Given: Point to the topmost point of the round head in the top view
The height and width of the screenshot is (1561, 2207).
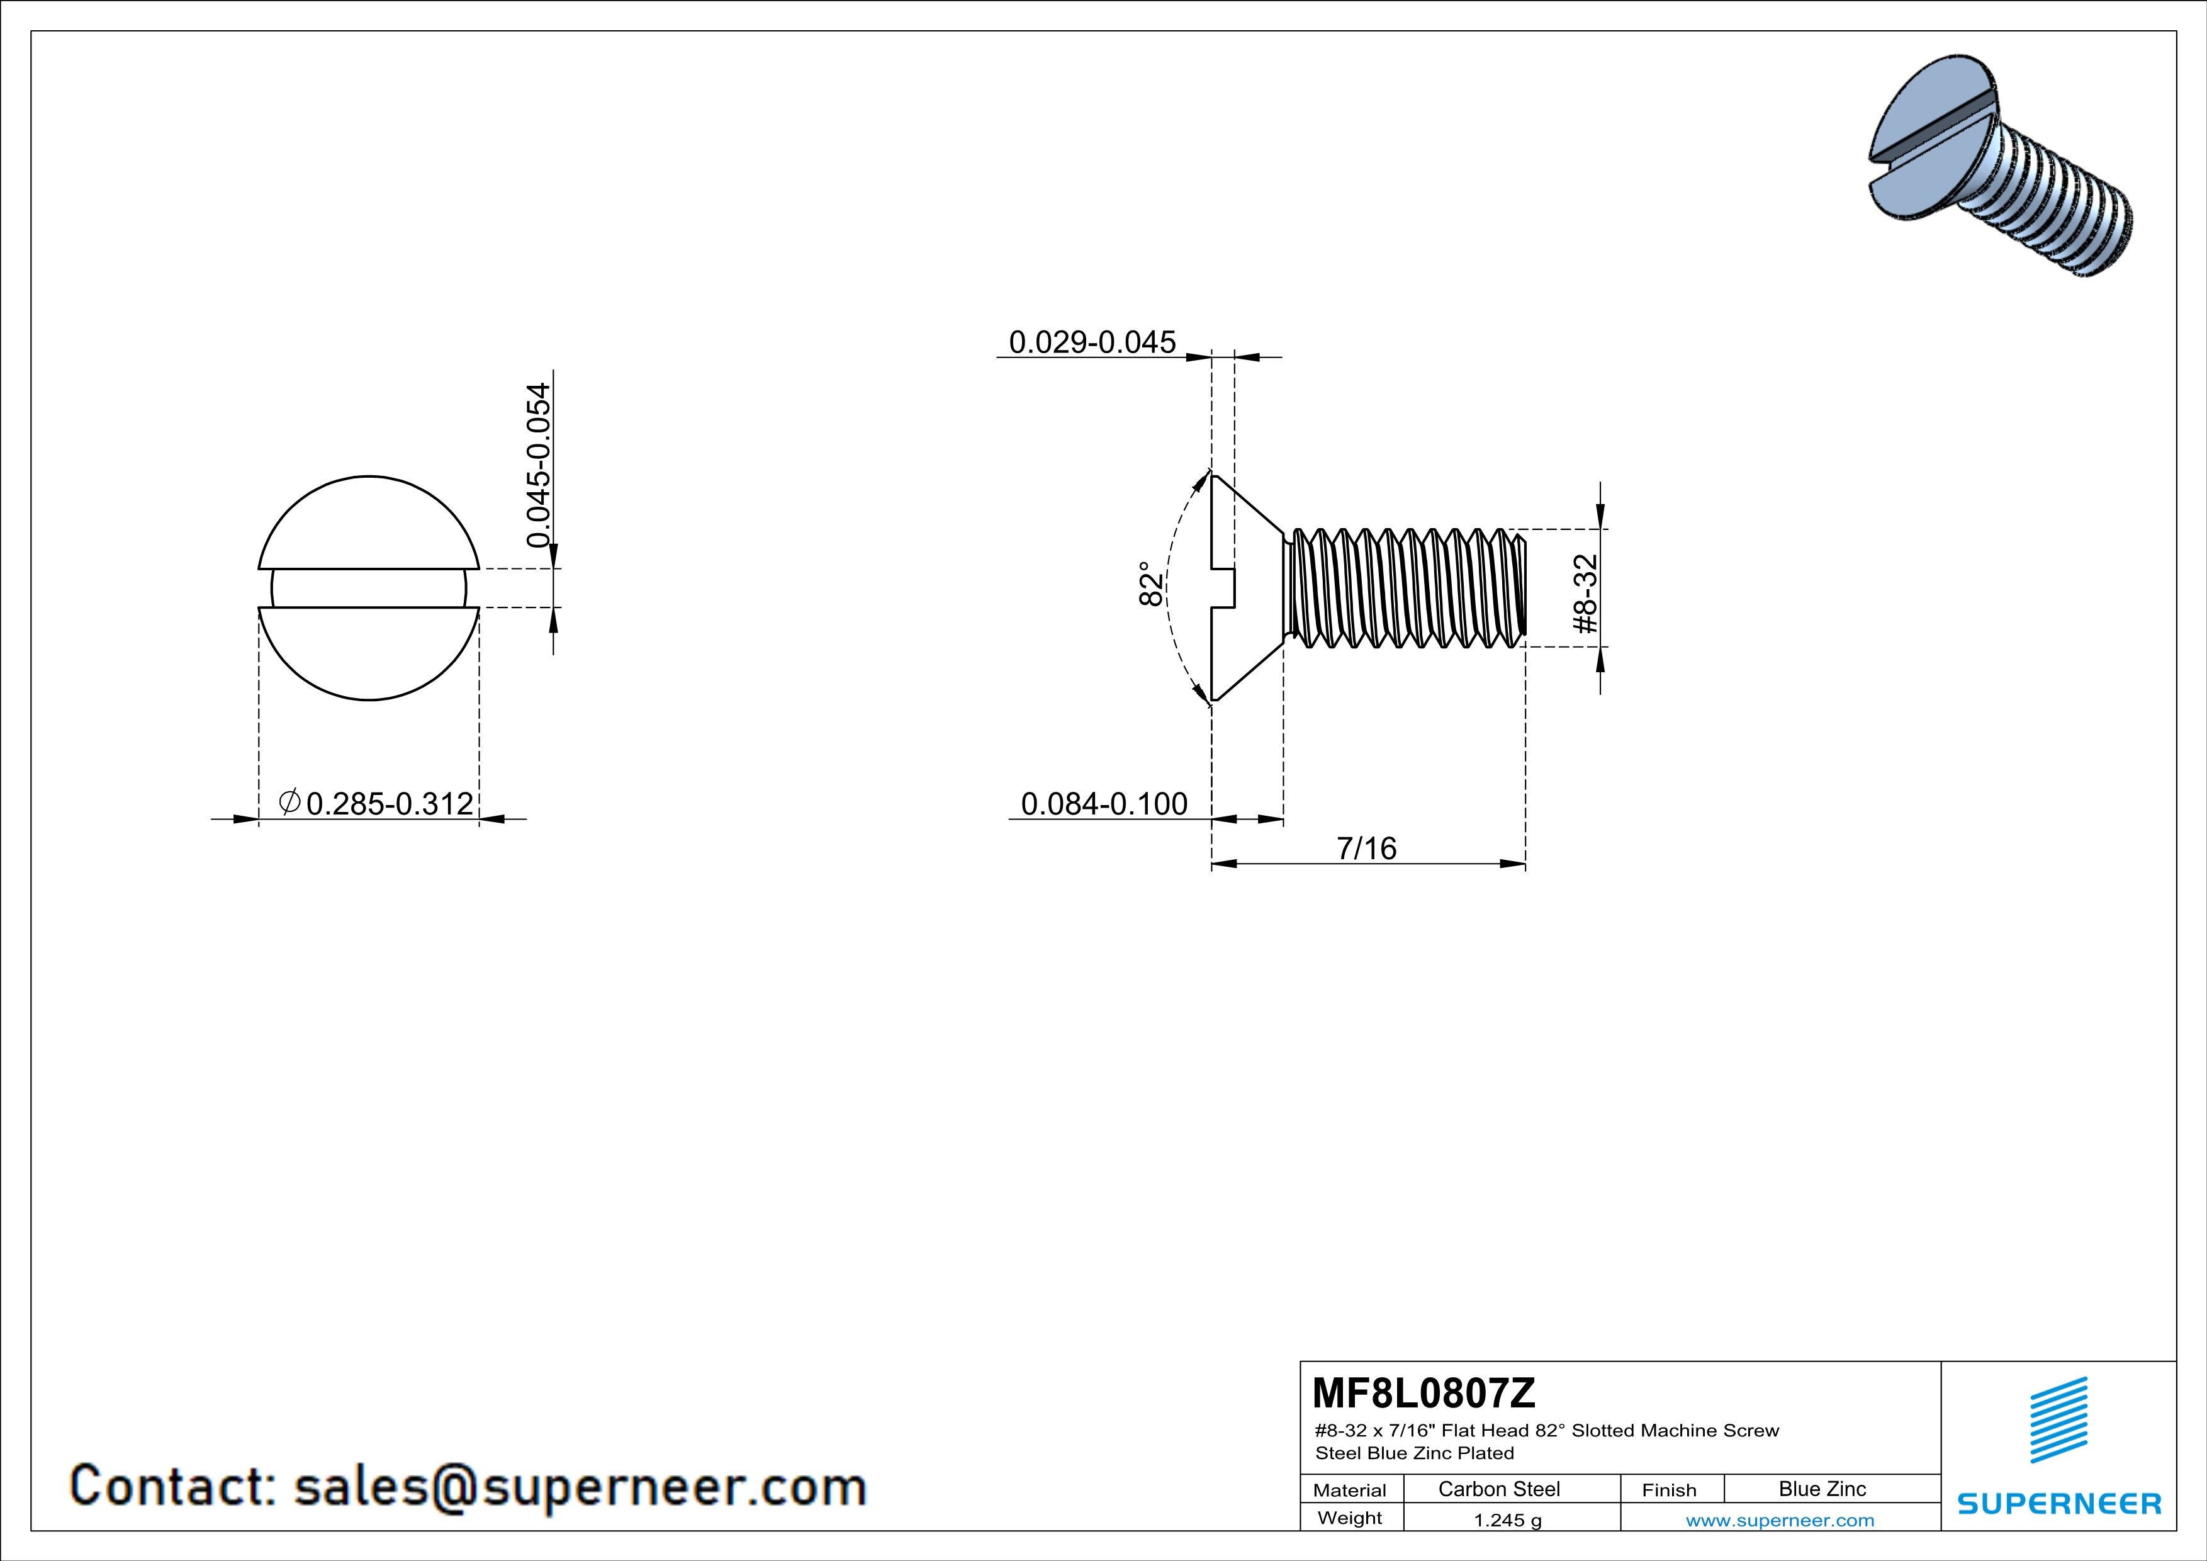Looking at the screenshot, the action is [x=369, y=476].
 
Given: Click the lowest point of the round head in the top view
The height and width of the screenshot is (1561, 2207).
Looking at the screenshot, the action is [x=369, y=700].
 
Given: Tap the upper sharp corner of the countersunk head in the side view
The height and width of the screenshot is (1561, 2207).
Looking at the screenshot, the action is [x=1212, y=476].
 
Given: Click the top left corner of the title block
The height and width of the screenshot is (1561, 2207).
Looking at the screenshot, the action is [x=1301, y=1361].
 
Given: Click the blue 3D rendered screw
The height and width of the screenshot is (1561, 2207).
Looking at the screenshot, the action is [x=2001, y=166].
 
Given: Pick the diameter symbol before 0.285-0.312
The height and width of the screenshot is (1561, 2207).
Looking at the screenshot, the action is [x=289, y=802].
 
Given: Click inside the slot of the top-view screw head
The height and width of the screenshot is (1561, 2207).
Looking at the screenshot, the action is [x=369, y=587].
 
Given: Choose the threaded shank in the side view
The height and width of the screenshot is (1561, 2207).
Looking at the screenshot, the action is [x=1405, y=587].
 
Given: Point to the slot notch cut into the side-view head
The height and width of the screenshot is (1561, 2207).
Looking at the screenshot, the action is [x=1223, y=587].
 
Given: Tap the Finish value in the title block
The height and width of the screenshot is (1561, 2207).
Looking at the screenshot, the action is [x=1822, y=1489].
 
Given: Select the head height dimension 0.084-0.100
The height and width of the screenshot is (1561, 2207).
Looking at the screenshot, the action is [x=1104, y=804].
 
